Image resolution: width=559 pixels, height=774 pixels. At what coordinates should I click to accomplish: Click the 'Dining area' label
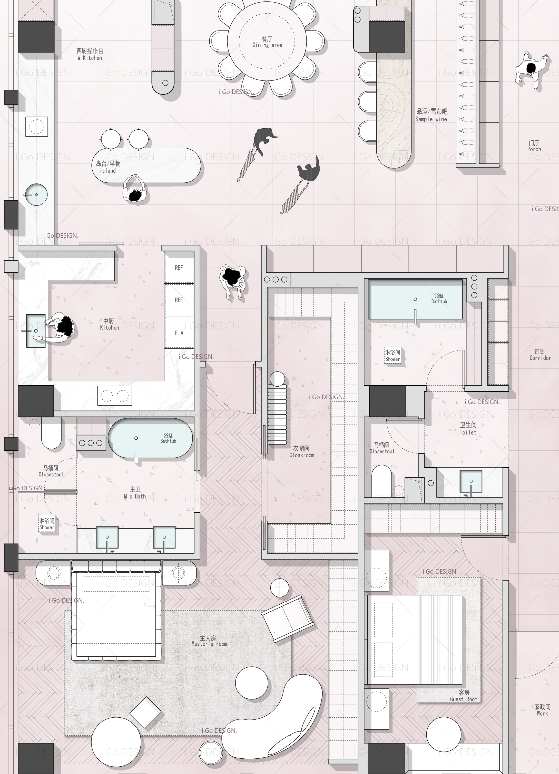267,45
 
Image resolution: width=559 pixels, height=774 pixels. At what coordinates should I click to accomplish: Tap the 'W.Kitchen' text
90,58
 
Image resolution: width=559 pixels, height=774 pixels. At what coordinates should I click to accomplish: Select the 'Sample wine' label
431,119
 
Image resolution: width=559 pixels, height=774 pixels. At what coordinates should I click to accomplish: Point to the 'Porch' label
534,149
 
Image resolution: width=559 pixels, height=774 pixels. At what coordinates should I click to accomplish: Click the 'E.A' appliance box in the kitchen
179,333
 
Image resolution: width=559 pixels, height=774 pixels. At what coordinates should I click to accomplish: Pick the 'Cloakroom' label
302,455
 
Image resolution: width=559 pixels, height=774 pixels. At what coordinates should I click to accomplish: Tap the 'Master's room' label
209,644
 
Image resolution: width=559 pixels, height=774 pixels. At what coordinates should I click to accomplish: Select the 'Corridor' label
540,358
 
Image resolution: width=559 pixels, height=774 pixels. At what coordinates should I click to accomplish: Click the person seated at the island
135,190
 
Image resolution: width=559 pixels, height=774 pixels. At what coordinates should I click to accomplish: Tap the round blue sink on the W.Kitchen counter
36,194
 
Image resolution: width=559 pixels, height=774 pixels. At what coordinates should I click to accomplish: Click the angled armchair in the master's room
288,619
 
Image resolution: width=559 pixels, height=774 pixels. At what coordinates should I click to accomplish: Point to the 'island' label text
108,171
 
